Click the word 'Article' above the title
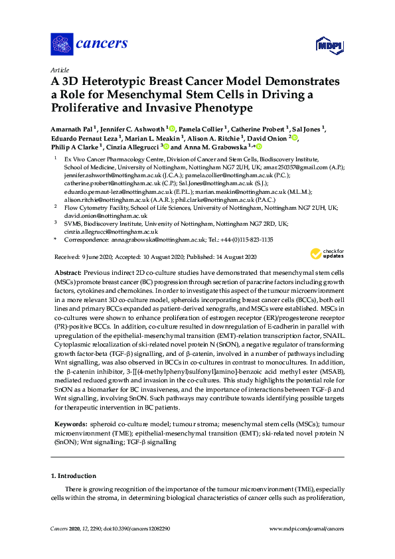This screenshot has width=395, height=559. tap(58, 69)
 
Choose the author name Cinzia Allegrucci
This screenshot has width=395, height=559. tap(135, 147)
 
